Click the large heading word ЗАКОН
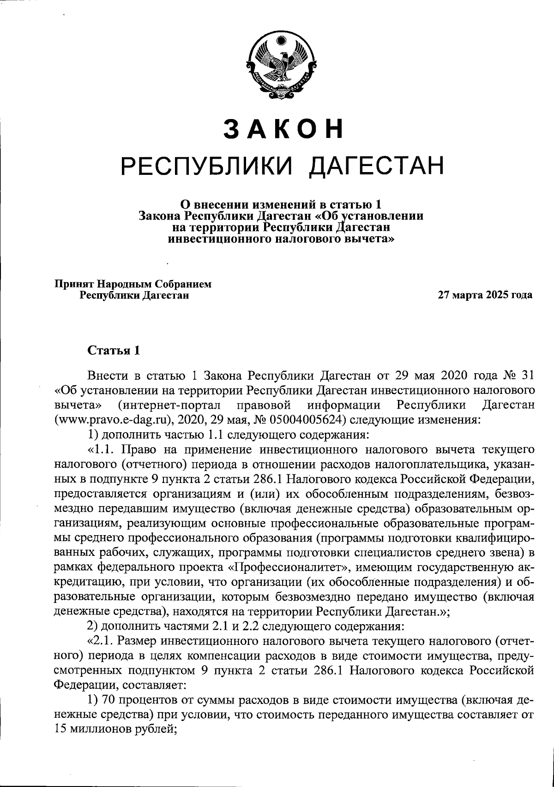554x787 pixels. click(284, 130)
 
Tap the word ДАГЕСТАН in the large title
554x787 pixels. click(375, 166)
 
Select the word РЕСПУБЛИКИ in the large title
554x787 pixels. click(207, 166)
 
